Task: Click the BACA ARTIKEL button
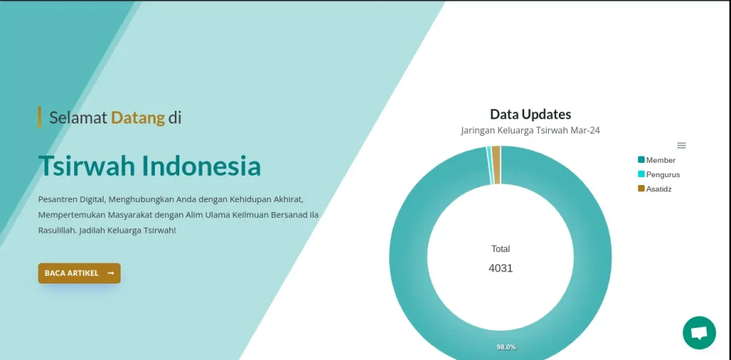[79, 274]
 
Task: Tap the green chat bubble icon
[700, 333]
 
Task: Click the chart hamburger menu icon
[682, 146]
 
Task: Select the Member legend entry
[657, 160]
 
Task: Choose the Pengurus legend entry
[659, 174]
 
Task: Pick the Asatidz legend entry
[655, 189]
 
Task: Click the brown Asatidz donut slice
[496, 164]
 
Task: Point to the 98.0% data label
[506, 347]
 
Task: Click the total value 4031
[500, 268]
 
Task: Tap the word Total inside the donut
[500, 249]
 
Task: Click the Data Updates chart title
[530, 114]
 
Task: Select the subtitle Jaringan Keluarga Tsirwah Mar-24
[530, 131]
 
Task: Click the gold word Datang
[138, 119]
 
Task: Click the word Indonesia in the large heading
[201, 166]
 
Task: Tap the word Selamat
[79, 118]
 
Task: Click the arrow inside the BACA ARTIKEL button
[111, 274]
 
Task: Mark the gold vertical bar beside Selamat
[40, 117]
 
